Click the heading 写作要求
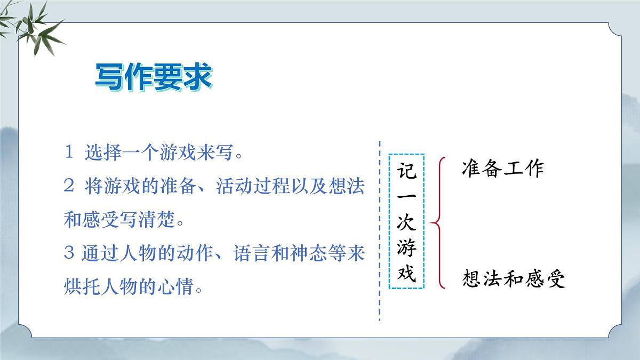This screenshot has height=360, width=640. [154, 78]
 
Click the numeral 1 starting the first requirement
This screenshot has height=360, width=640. [68, 154]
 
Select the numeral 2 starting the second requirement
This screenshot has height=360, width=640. [68, 186]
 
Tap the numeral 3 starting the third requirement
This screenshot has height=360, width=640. [68, 253]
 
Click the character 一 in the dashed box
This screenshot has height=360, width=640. [406, 198]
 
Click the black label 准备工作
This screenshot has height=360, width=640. [502, 169]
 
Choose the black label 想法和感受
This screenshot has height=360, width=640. [514, 279]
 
